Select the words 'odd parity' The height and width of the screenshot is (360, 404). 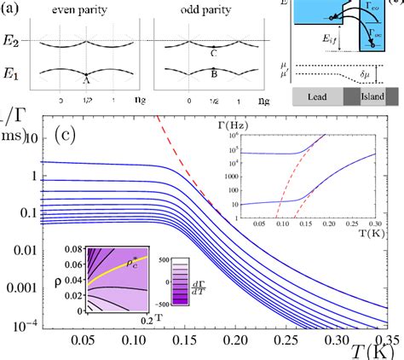(202, 7)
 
